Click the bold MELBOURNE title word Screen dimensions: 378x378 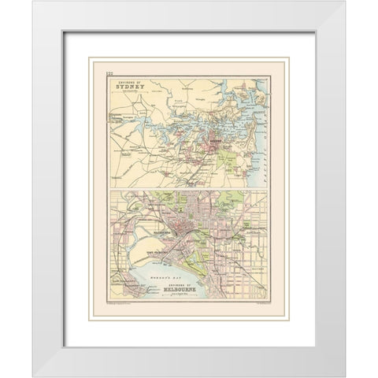pyautogui.click(x=190, y=295)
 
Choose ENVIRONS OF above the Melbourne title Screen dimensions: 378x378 pyautogui.click(x=190, y=289)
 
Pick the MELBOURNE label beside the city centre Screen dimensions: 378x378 pyautogui.click(x=161, y=235)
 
